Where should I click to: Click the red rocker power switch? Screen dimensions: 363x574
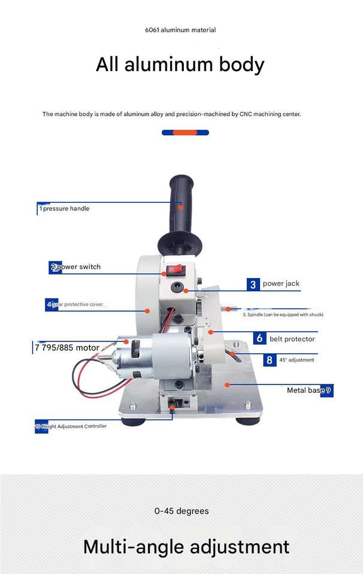pos(176,270)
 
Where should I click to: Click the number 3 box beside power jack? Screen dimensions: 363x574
pos(253,284)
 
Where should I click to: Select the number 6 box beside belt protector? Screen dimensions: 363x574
pos(259,338)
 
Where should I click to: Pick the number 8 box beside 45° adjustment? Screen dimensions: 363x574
pos(270,360)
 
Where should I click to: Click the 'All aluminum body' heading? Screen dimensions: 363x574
pos(180,65)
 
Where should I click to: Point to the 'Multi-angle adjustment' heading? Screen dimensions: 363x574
pos(186,546)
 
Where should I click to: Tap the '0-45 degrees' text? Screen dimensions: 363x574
pos(181,511)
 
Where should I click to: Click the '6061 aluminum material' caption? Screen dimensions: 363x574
pos(180,30)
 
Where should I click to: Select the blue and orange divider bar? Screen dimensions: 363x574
pos(185,132)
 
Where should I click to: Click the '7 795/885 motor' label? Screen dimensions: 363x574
pos(67,347)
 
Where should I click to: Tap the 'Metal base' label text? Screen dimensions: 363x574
pos(305,390)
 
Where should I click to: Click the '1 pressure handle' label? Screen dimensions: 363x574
pos(65,209)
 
